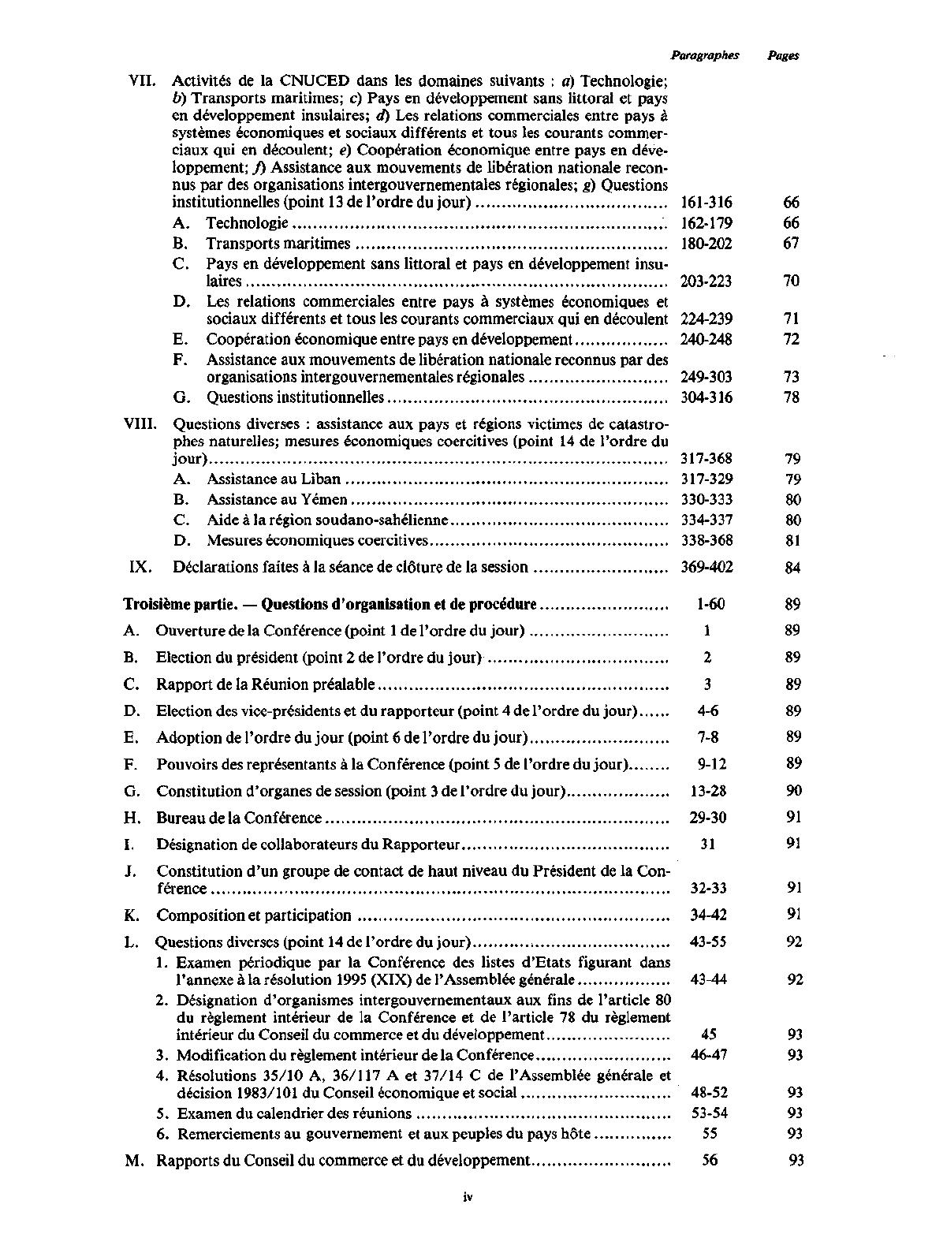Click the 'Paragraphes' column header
(705, 55)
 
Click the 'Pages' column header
(783, 55)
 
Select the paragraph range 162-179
(706, 223)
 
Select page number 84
(792, 568)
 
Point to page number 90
(793, 791)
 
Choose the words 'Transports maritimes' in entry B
(278, 244)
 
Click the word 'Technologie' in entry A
(247, 223)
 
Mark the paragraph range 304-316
(706, 397)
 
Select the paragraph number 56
(709, 1160)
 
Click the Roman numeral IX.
(139, 567)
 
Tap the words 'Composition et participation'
(254, 915)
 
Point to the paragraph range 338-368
(706, 540)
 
